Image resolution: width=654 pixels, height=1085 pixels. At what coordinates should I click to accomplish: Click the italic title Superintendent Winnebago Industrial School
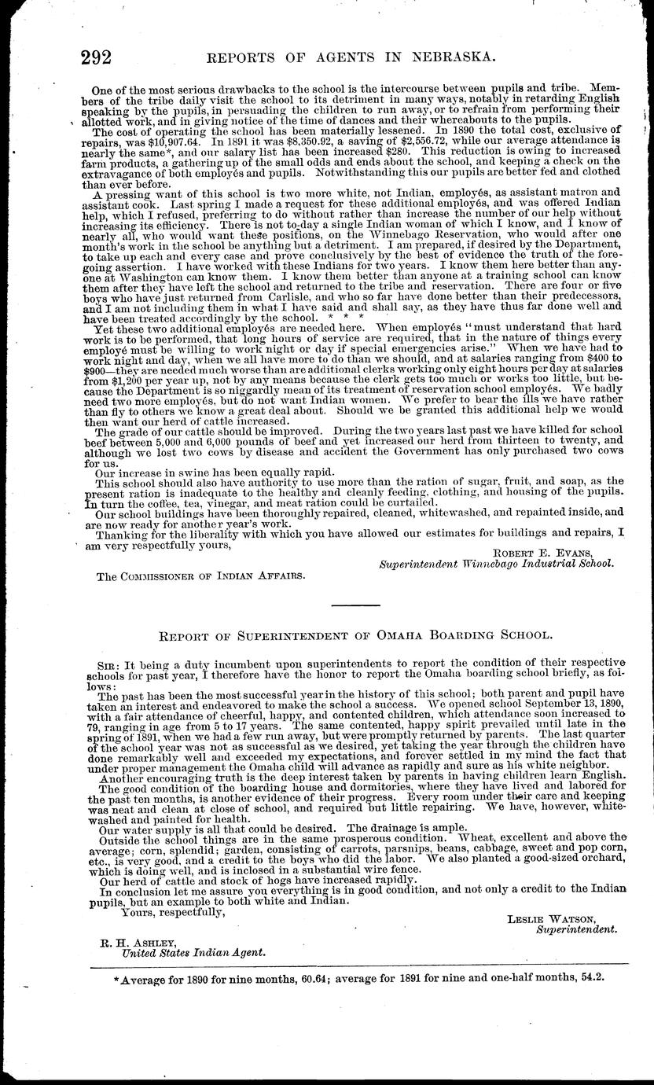pos(496,564)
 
